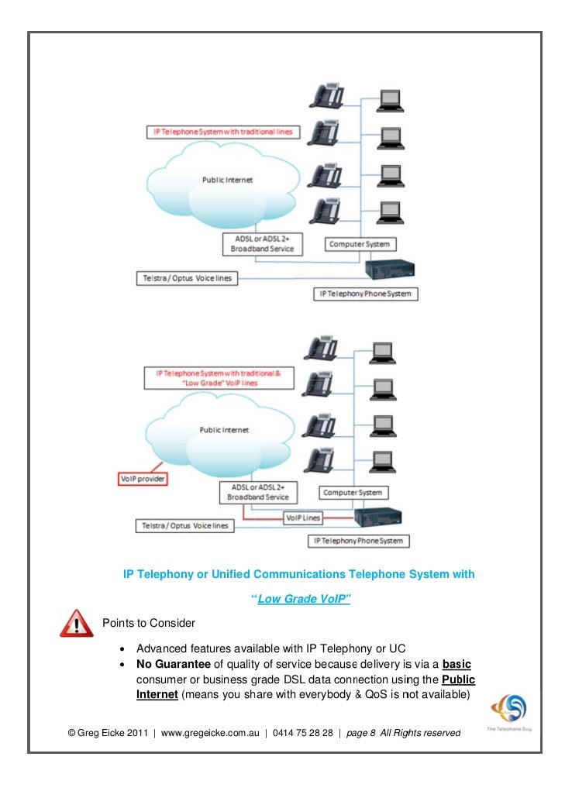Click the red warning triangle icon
(76, 622)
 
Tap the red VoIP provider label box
(141, 479)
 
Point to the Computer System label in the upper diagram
(360, 244)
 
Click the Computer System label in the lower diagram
(352, 493)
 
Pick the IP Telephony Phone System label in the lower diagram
(358, 540)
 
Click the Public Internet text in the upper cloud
(227, 180)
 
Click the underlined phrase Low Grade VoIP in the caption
(303, 599)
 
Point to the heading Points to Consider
(149, 623)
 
